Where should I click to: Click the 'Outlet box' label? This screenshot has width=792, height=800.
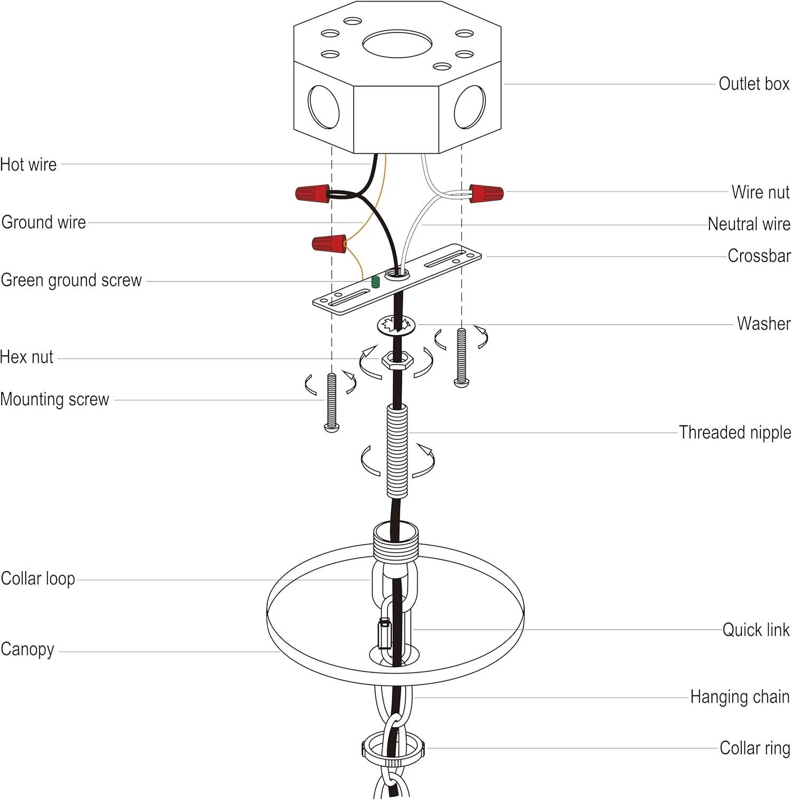754,84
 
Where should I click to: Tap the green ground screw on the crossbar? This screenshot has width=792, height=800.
376,282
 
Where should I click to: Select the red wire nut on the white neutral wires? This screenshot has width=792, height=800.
486,193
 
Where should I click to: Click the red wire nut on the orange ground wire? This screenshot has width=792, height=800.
329,243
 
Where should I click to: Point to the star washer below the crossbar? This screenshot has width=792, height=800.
396,325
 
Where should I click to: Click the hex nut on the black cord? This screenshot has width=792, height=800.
397,359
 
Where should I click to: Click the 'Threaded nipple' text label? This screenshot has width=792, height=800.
734,433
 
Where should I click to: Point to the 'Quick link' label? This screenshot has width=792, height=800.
756,630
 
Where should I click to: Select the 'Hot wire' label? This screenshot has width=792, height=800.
28,164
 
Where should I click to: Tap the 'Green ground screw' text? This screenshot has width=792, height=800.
71,280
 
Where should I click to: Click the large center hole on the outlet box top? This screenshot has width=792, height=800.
397,44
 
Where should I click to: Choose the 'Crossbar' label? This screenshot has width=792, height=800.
759,256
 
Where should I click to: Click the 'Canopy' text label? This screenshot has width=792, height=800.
28,650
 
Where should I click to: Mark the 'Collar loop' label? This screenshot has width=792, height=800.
38,579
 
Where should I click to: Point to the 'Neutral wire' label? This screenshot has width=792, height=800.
749,224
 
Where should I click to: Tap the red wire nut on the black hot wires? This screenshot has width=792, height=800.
313,193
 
